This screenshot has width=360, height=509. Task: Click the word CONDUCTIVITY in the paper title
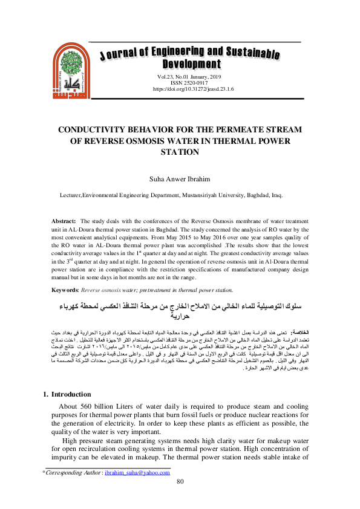(x=94, y=130)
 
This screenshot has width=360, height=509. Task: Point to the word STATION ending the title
(x=180, y=152)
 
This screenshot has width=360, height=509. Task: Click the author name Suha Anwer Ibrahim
(x=180, y=180)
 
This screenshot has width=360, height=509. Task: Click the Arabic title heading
(x=180, y=307)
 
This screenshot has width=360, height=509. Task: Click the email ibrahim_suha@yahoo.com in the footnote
(x=136, y=472)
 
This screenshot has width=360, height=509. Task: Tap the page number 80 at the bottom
(x=180, y=481)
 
